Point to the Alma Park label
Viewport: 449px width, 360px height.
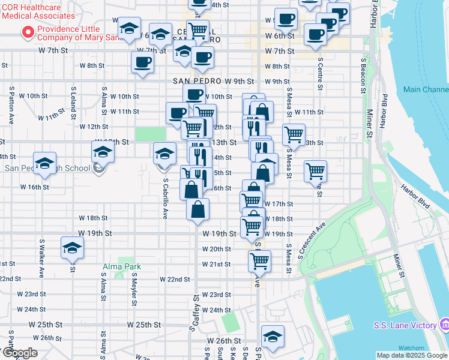pyautogui.click(x=128, y=266)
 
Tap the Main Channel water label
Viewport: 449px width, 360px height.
pyautogui.click(x=426, y=90)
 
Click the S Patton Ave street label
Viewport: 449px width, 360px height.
pyautogui.click(x=11, y=104)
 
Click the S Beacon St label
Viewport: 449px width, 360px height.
pyautogui.click(x=364, y=73)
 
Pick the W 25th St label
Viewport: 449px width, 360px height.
pyautogui.click(x=145, y=324)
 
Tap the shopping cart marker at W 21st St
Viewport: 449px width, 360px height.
pyautogui.click(x=259, y=260)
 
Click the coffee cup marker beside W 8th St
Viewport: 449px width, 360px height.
pyautogui.click(x=142, y=62)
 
